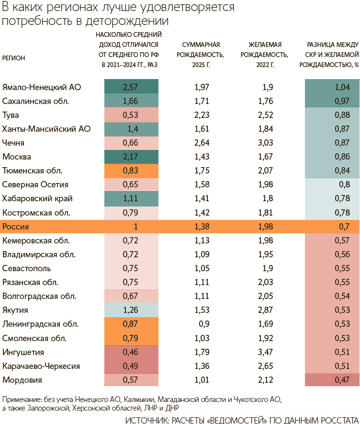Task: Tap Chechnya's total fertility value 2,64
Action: tap(203, 143)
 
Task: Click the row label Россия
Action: tap(16, 226)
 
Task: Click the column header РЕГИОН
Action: tap(14, 58)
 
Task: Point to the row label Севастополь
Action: tap(27, 268)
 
